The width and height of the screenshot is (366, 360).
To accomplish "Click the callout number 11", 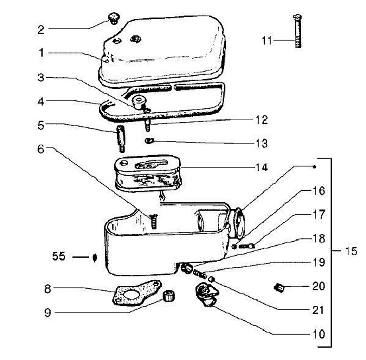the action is [x=268, y=40].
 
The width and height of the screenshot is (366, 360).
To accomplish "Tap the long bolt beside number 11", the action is [x=297, y=32].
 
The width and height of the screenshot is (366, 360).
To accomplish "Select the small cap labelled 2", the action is [x=113, y=20].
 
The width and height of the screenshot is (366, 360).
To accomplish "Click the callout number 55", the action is [x=59, y=256].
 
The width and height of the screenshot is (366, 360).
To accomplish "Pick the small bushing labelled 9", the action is [x=167, y=295].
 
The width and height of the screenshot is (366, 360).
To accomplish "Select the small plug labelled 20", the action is [x=279, y=289].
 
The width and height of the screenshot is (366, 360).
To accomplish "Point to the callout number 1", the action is [x=42, y=52].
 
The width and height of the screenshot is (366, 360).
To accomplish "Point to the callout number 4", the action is [x=42, y=101].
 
